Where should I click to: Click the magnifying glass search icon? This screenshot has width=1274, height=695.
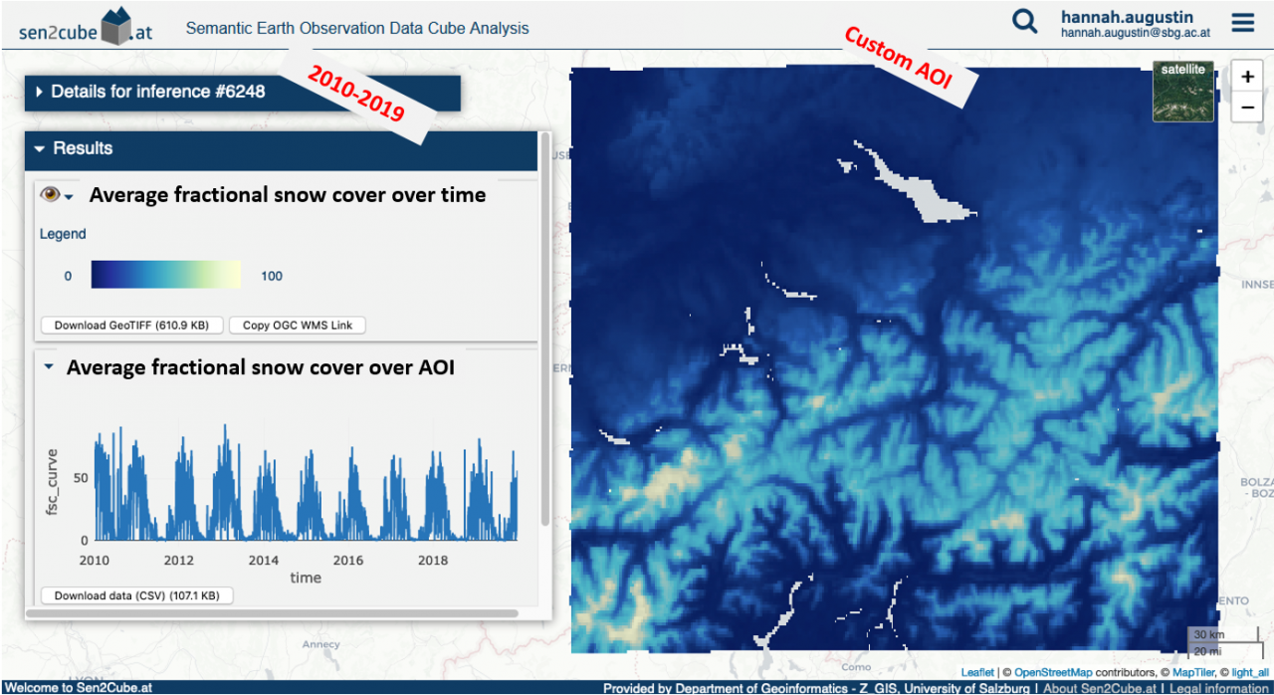[x=1024, y=22]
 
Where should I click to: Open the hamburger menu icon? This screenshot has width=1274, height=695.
[x=1243, y=23]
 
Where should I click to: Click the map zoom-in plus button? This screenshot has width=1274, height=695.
[x=1247, y=77]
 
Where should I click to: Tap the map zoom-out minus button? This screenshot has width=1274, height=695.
[x=1247, y=107]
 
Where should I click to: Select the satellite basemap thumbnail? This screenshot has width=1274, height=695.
[x=1183, y=92]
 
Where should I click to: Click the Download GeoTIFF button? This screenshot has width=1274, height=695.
[x=132, y=326]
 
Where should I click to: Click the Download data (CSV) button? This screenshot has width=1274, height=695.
[x=137, y=595]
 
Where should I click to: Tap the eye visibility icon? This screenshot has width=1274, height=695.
[x=50, y=194]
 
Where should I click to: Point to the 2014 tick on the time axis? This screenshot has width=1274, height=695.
[x=264, y=561]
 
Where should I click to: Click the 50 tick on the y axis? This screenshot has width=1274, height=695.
[x=81, y=478]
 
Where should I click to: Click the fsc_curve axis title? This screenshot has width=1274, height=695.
[x=52, y=482]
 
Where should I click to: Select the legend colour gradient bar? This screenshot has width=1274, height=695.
[x=166, y=275]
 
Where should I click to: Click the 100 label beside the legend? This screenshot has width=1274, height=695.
[x=272, y=277]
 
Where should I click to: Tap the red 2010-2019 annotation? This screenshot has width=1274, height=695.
[x=356, y=93]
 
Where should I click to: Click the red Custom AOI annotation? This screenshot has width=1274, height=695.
[x=898, y=58]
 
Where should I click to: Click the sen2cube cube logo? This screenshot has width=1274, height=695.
[x=116, y=26]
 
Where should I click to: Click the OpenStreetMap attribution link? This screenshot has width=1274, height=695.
[x=1053, y=673]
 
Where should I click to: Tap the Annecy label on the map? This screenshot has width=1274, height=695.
[x=320, y=644]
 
